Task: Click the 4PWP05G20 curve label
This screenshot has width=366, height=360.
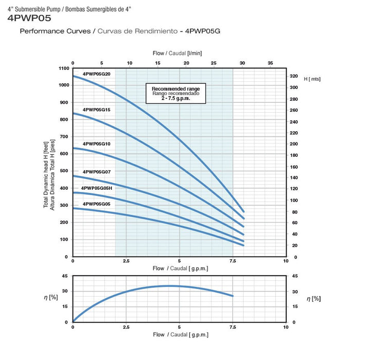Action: tap(96, 74)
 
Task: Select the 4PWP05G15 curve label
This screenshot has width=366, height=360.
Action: tap(96, 110)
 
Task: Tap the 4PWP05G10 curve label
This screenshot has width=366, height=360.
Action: tap(96, 144)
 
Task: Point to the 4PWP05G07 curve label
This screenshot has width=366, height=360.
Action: tap(96, 172)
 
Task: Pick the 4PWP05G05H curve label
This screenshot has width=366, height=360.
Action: tap(97, 189)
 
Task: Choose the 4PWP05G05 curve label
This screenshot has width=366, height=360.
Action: tap(96, 204)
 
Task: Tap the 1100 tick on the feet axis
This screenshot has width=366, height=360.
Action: tap(63, 68)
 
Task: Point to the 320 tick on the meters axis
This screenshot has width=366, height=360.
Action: tap(293, 76)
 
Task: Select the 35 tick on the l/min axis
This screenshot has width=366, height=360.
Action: tap(271, 63)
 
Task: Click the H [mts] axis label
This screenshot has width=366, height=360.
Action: tap(312, 79)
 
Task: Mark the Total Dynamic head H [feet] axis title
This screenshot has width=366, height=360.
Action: tap(46, 176)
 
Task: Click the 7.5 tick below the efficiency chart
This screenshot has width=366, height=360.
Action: tap(232, 327)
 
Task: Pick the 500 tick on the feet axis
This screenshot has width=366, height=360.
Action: tap(63, 171)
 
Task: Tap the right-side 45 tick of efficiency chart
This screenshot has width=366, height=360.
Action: tap(294, 276)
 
